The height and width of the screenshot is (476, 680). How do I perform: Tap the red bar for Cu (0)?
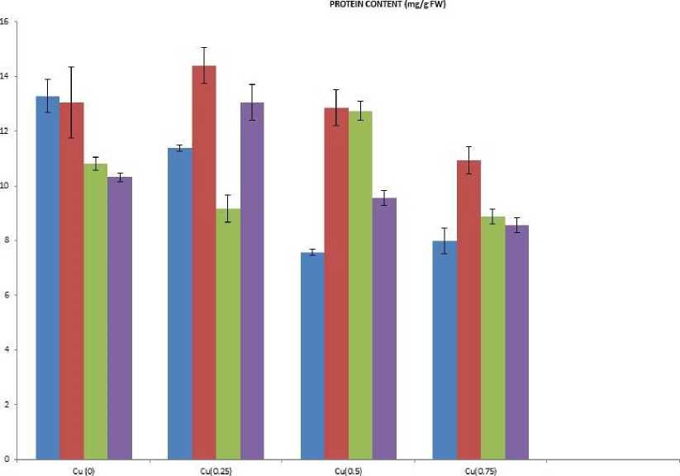[72, 280]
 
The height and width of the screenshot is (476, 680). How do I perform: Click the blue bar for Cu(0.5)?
[312, 355]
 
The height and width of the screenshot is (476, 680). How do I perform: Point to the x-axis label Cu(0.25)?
[216, 471]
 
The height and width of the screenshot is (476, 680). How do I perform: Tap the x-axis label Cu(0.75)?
[481, 471]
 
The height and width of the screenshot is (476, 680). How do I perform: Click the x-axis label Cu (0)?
[83, 471]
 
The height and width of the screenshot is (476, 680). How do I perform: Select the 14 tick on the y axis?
[5, 77]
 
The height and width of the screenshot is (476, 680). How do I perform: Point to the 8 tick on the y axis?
[6, 240]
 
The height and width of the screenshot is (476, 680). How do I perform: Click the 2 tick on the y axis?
[6, 404]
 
